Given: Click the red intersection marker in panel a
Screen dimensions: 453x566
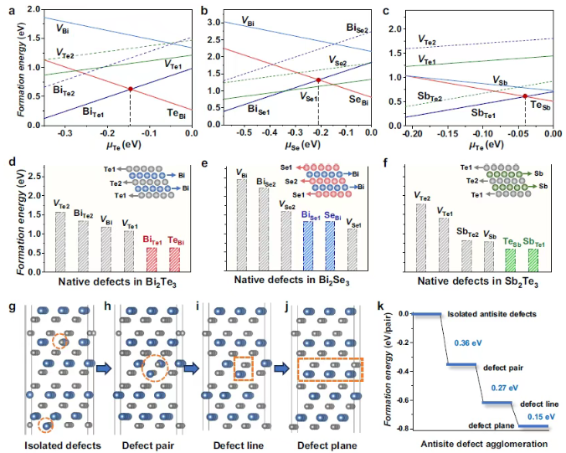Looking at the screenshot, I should [x=130, y=89].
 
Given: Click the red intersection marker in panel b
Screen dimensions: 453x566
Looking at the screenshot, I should [x=318, y=80].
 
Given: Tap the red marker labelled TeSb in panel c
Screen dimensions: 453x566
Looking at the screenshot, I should [x=525, y=96].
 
